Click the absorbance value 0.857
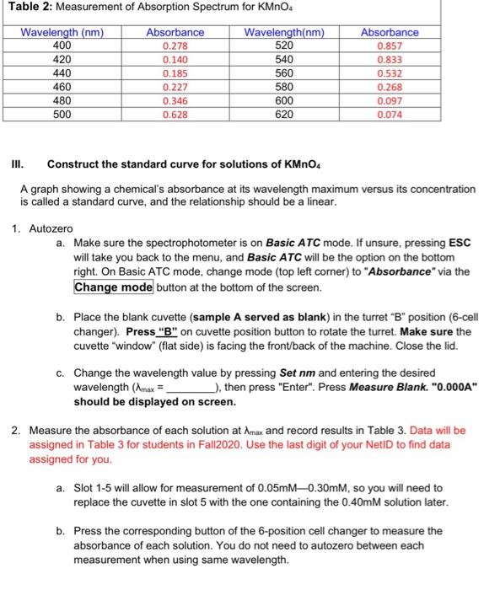click(389, 46)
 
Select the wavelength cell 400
click(56, 46)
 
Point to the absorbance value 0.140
click(175, 60)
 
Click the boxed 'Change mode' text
click(114, 287)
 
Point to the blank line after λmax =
click(191, 387)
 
